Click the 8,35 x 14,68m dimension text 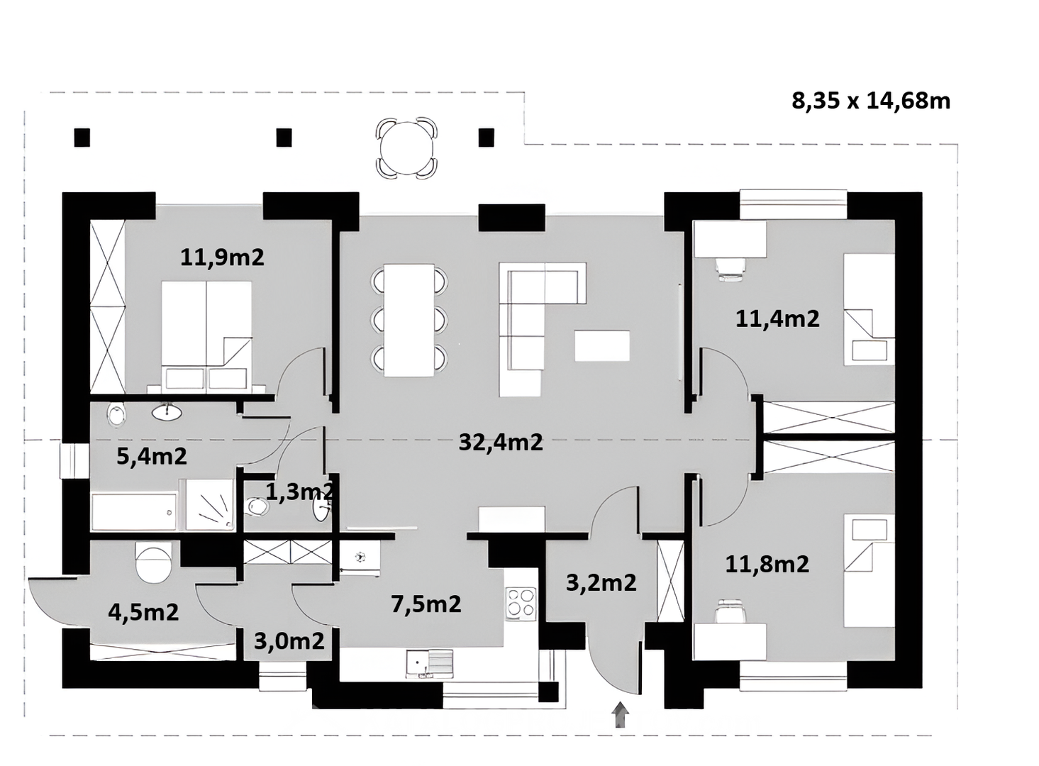(871, 101)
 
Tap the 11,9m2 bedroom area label (222, 257)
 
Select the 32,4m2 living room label (501, 442)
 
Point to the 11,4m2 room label (777, 319)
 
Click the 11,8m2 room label (767, 564)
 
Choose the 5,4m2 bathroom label (152, 457)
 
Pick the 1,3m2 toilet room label (299, 492)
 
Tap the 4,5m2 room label (143, 612)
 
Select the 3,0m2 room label (289, 641)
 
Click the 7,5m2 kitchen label (426, 604)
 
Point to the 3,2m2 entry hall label (601, 583)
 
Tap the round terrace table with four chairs (406, 148)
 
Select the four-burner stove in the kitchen (521, 603)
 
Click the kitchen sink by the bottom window (429, 664)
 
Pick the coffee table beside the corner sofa (602, 345)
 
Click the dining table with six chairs (409, 320)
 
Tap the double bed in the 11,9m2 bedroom (206, 335)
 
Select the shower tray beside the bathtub (210, 504)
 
